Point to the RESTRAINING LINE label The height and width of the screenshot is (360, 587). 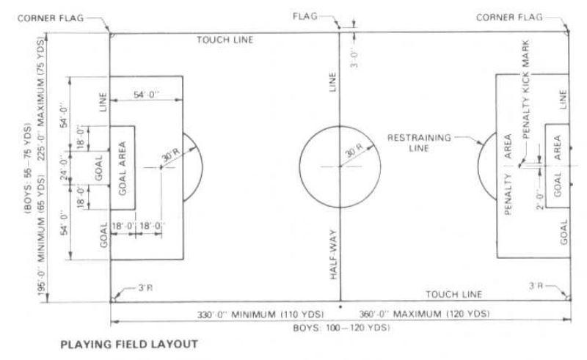413,141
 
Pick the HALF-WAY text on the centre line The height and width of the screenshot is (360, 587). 333,263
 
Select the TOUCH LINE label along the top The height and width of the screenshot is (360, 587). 224,40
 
